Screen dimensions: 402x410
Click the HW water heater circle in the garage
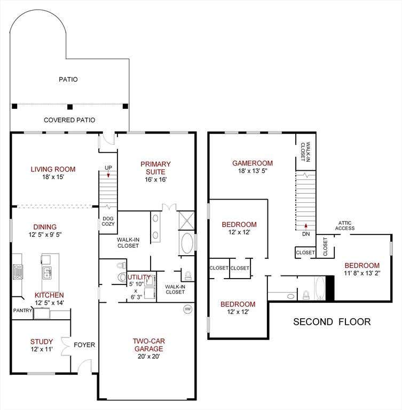[x=187, y=309]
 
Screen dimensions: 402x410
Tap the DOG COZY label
[x=108, y=221]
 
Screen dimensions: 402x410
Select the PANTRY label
[x=22, y=310]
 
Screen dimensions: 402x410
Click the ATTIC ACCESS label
[x=345, y=225]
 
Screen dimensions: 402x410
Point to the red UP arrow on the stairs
[x=108, y=175]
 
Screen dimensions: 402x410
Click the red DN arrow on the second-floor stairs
[x=306, y=226]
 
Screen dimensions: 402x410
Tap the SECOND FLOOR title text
[x=332, y=321]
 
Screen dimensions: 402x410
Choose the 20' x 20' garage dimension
[x=148, y=357]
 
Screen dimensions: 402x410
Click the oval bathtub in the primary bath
[x=187, y=243]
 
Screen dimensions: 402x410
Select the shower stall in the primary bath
[x=187, y=221]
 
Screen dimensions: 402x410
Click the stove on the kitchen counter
[x=18, y=272]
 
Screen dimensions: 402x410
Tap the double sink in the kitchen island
[x=48, y=273]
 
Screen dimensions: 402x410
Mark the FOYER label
[x=84, y=345]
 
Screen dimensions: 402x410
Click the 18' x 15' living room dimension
[x=53, y=177]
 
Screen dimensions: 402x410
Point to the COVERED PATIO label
[x=69, y=120]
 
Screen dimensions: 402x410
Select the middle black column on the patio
[x=70, y=107]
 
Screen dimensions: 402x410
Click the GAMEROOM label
[x=253, y=163]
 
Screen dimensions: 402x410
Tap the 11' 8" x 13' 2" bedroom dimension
[x=362, y=273]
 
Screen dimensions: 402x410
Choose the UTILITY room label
[x=139, y=277]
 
